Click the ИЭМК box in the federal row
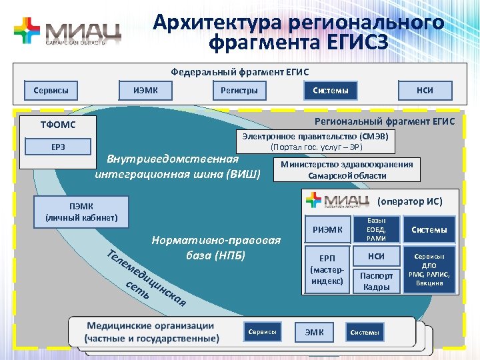coord(145,90)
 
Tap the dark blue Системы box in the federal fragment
coord(331,90)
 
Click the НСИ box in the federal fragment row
coord(425,90)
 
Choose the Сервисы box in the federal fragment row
coord(51,90)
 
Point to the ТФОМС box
coord(59,125)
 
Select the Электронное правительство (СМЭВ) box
coord(317,141)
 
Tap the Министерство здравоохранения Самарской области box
coord(347,170)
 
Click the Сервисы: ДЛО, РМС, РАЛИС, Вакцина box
coord(429,270)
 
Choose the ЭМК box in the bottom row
coord(315,332)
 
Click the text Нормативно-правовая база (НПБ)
coord(216,247)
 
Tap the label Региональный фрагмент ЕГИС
coord(385,121)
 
